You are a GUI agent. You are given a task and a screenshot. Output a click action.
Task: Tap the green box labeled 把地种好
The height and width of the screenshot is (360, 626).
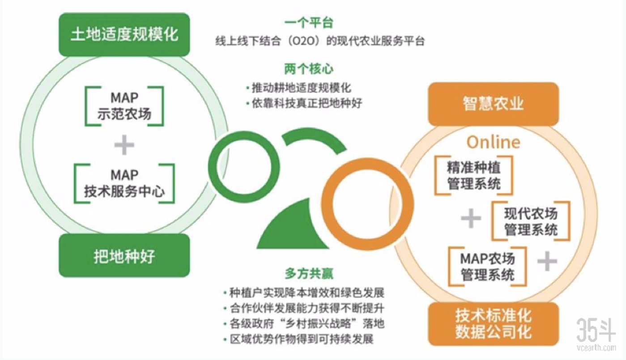pos(124,256)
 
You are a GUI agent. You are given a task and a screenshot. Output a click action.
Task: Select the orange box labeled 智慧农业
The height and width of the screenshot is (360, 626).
pos(493,104)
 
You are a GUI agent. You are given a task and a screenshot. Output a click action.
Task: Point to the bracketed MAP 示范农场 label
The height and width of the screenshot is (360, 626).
pos(124,106)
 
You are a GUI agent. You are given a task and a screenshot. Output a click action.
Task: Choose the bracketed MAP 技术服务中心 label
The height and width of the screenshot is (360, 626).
pos(124,184)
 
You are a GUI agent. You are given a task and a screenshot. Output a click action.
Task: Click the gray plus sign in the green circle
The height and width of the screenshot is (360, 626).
pos(124,145)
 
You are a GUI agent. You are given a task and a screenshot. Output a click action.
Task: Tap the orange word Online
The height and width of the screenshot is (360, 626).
pos(494,142)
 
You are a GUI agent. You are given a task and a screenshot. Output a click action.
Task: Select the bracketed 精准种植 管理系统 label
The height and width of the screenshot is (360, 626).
pos(474,175)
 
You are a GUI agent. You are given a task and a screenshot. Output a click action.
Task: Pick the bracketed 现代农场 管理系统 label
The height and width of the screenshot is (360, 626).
pos(531,221)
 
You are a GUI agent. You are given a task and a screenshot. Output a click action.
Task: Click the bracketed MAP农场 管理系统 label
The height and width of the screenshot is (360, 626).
pos(487,266)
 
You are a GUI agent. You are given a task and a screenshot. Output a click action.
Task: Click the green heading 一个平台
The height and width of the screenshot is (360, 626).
pos(309,23)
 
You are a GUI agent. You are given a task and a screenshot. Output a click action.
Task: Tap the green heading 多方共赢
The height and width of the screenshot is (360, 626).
pos(309,273)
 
